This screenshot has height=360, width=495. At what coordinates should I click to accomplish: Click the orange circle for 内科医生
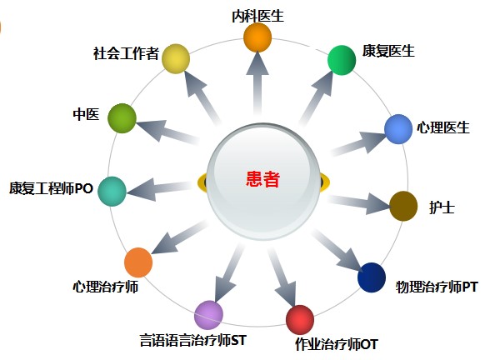pos(257,37)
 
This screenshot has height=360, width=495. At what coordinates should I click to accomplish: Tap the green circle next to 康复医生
pos(342,60)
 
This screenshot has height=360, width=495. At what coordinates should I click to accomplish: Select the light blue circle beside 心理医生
pos(398,129)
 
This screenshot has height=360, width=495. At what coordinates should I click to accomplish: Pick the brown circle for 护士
pos(403,206)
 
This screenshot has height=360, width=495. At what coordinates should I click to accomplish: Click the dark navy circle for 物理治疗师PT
pos(372,277)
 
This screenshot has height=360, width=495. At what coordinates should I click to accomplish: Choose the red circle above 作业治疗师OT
pos(300,319)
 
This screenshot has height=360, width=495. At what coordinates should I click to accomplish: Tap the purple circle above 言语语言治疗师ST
pos(208,315)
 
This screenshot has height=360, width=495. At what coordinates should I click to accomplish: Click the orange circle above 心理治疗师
pos(138,262)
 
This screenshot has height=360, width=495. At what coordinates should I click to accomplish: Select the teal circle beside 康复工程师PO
pos(112,192)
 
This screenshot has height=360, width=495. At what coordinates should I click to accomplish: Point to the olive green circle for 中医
pos(122,118)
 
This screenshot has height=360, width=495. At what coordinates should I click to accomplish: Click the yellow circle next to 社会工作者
pos(176,58)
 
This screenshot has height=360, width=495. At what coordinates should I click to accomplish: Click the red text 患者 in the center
pos(263,179)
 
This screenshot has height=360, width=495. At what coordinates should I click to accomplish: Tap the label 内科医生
pos(258,16)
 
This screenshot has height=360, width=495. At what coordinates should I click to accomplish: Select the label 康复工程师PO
pos(51,188)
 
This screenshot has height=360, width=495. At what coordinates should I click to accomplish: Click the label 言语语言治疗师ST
pos(192,341)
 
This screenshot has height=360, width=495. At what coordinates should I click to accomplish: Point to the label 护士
pos(442,207)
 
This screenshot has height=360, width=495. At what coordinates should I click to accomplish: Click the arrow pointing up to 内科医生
pos(257,82)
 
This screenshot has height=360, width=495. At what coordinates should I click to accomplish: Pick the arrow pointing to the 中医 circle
pos(167,132)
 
